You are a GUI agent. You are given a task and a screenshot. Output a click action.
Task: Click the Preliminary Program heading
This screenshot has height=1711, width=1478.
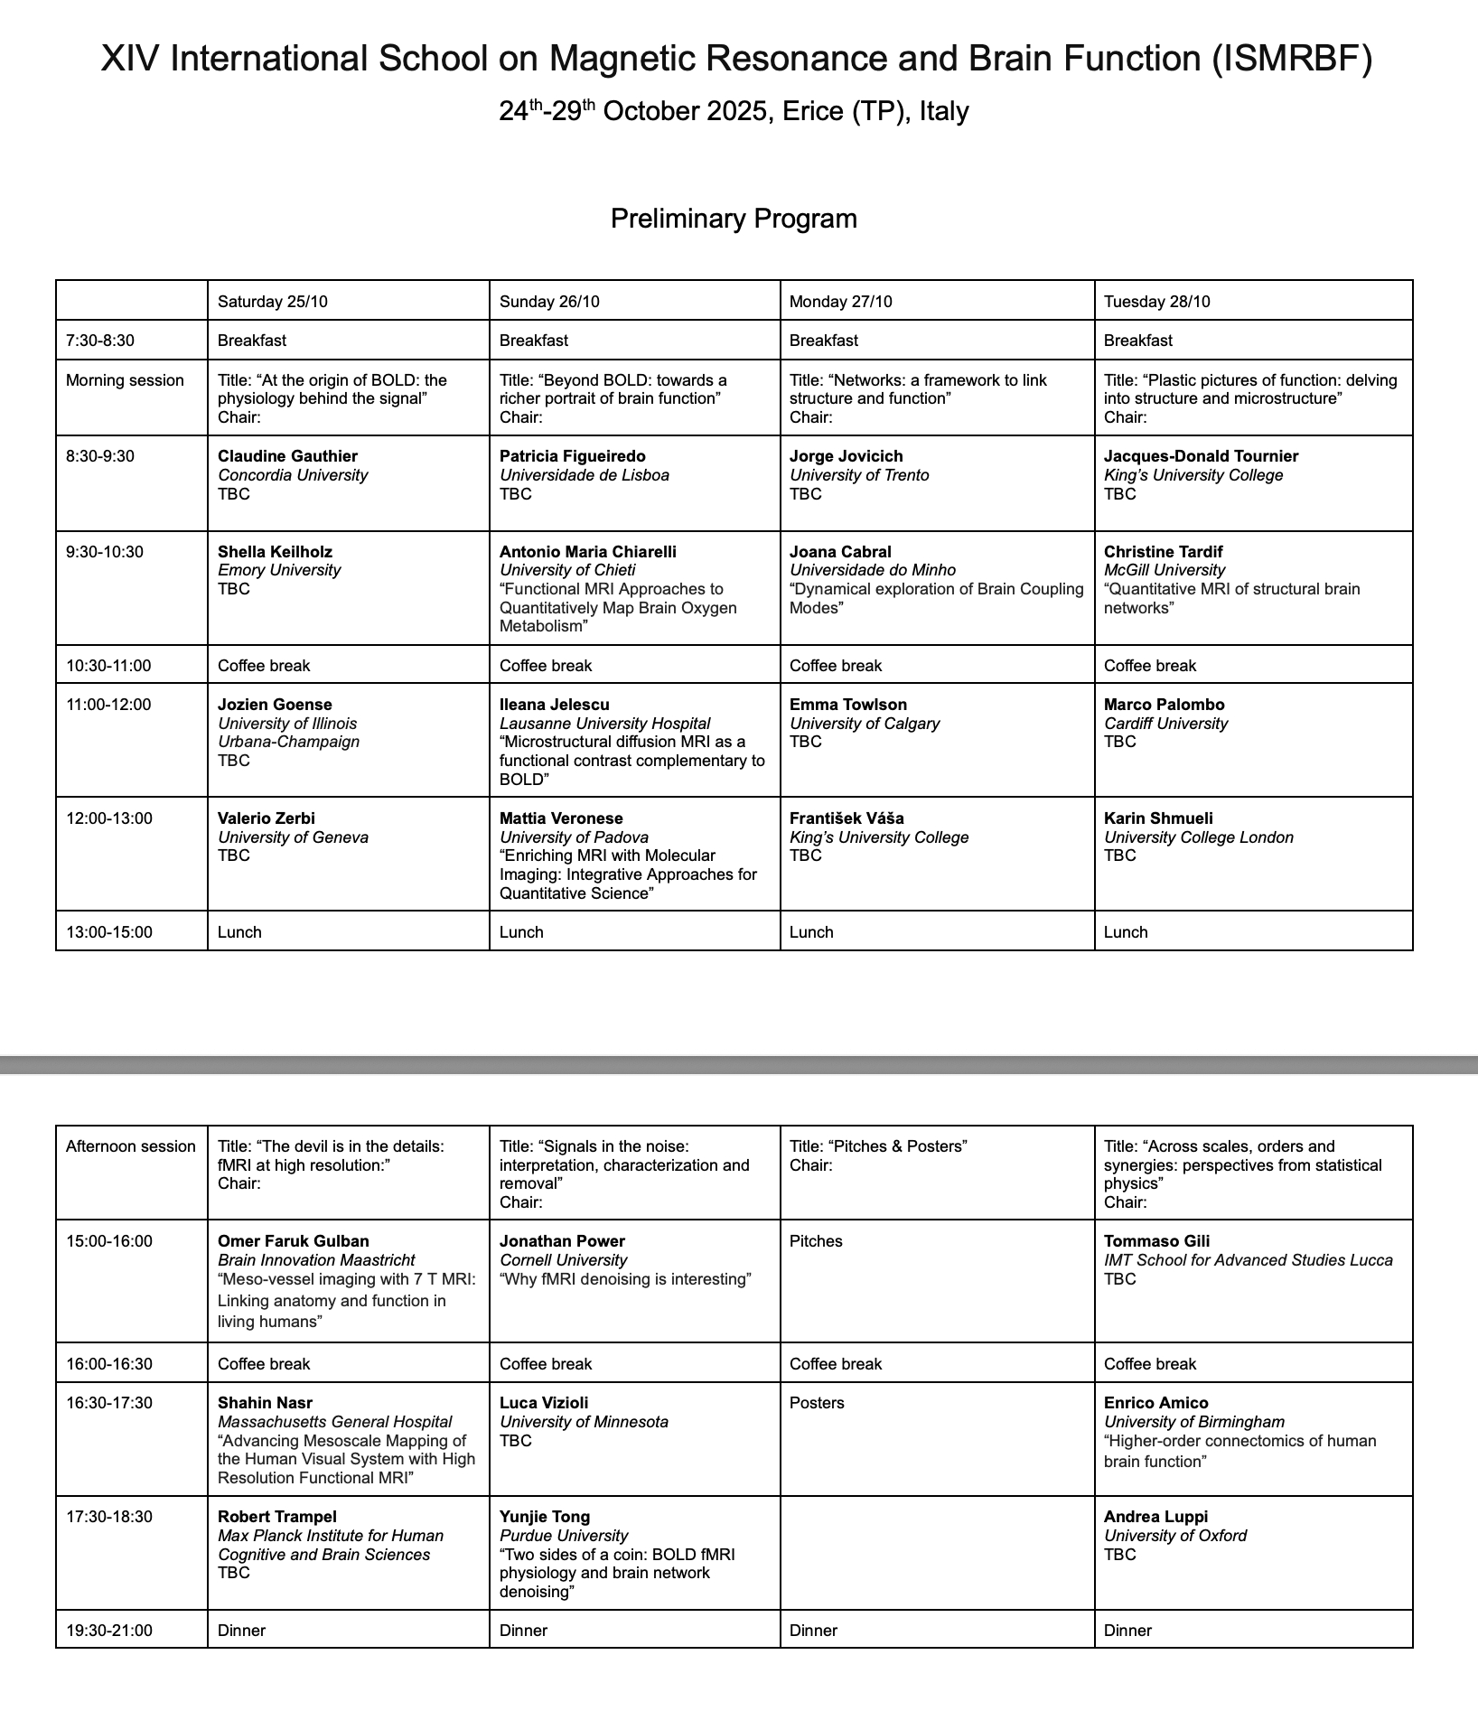point(734,219)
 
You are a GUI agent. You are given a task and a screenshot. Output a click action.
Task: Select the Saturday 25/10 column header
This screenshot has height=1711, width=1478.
point(273,302)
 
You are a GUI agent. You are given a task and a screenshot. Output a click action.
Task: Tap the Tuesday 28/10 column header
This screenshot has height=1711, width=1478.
point(1156,302)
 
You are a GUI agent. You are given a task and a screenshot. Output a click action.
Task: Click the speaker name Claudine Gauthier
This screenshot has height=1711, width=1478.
point(287,456)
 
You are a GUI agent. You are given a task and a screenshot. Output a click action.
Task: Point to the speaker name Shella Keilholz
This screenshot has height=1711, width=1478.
point(275,552)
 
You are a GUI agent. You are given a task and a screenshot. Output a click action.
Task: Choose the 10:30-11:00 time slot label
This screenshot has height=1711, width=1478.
point(108,666)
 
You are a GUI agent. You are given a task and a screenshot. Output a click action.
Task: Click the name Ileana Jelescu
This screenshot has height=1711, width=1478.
point(555,705)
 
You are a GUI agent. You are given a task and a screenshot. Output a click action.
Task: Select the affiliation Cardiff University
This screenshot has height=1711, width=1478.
point(1165,724)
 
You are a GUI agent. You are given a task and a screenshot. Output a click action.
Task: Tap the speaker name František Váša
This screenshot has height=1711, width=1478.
point(847,818)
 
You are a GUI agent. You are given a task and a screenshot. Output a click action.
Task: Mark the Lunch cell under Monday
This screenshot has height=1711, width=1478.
point(811,932)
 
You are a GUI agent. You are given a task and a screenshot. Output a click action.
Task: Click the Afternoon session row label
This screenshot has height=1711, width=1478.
point(131,1146)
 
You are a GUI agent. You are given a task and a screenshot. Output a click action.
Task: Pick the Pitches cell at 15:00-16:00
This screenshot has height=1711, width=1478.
point(816,1241)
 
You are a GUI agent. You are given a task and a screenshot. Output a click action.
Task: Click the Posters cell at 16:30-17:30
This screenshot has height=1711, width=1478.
point(817,1403)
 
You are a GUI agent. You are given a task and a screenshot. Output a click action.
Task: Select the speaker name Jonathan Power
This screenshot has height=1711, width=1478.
point(562,1241)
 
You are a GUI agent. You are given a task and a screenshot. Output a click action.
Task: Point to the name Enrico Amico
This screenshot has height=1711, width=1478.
point(1155,1403)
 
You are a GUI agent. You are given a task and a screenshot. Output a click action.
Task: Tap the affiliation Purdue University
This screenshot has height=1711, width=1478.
point(564,1536)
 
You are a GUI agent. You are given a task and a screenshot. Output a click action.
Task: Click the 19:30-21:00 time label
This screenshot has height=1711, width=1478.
point(109,1631)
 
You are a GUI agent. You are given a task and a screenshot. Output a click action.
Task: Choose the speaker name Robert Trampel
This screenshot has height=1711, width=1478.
point(277,1517)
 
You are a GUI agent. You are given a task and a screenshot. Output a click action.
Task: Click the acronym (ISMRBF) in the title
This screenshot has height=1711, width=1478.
point(1292,60)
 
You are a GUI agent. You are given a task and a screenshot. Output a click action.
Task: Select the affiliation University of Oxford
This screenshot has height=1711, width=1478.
point(1175,1536)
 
